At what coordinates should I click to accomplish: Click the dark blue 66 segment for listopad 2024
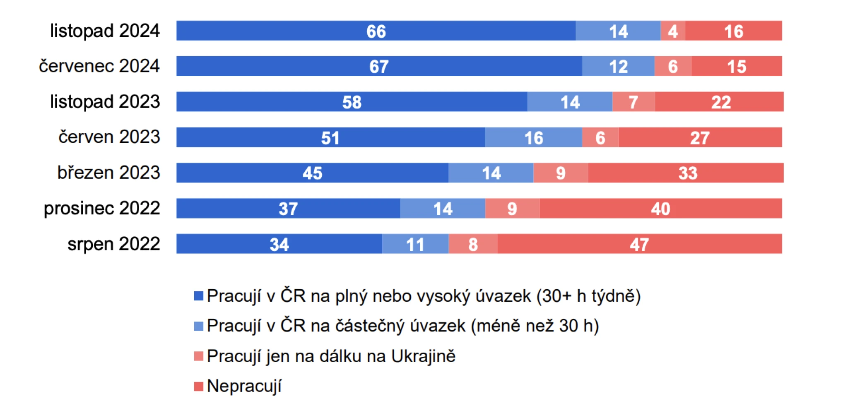coord(376,31)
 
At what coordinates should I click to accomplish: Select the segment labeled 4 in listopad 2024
coord(672,31)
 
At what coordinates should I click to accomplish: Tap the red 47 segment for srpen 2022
coord(639,244)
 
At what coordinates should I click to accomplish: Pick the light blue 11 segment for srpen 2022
coord(415,244)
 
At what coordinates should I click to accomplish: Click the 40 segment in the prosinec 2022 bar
coord(660,208)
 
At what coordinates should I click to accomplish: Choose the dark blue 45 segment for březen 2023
coord(312,173)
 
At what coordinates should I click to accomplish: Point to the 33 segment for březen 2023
coord(687,173)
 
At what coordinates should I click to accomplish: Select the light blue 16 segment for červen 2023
coord(533,137)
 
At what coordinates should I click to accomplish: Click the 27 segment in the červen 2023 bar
coord(700,137)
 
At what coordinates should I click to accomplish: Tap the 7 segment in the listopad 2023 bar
coord(633,102)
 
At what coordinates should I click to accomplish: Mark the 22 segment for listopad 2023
coord(720,102)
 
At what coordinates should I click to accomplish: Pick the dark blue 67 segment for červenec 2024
coord(379,66)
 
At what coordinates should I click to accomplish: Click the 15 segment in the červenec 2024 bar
coord(736,66)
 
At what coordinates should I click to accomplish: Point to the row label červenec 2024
coord(99,66)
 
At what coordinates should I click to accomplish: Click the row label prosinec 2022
coord(102,208)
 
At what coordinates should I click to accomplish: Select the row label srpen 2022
coord(113,244)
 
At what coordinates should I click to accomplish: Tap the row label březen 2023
coord(108,173)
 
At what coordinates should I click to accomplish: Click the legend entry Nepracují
coord(244,386)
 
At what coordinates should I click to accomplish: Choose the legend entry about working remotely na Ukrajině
coord(331,356)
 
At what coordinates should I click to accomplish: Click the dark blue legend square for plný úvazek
coord(199,296)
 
